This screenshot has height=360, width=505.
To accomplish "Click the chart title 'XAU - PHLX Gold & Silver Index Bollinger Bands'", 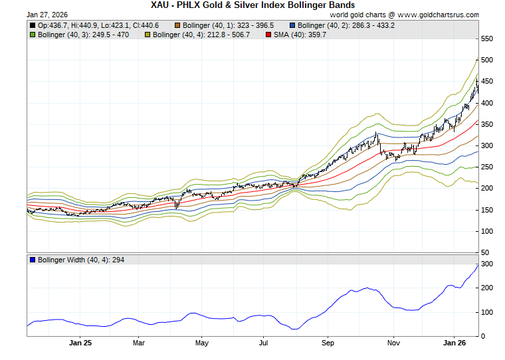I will tap(252, 5).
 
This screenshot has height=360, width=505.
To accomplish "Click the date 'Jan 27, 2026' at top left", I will tap(48, 14).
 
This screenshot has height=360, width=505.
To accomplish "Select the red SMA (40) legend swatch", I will tap(269, 35).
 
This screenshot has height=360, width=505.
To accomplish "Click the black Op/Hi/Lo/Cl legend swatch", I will tap(33, 25).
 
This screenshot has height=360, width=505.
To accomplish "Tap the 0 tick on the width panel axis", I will tap(484, 336).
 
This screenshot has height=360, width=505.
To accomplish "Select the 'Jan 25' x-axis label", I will tap(80, 343).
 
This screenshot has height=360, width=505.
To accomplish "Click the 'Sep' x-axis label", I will tap(328, 343).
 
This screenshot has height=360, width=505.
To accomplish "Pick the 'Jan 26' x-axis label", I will tap(454, 343).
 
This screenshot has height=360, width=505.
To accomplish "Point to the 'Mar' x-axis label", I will tap(139, 343).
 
